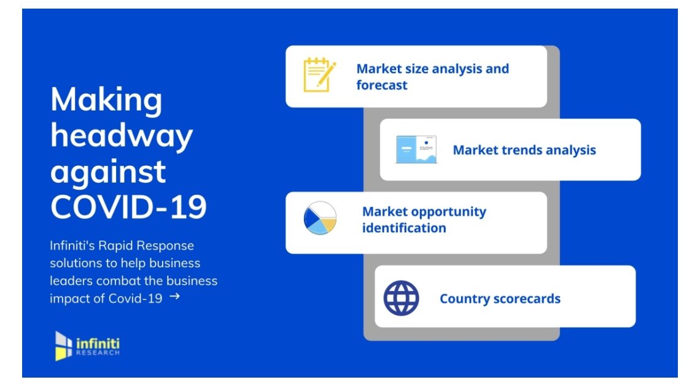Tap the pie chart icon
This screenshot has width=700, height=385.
pos(320,218)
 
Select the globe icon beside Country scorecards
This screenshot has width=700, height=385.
pos(401,298)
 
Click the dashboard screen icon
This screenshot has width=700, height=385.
pos(416,150)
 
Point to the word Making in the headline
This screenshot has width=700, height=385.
pos(106,101)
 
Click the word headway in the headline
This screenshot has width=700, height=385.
pos(122,136)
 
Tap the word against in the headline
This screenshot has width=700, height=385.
pos(108,173)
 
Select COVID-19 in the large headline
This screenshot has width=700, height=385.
pos(128,206)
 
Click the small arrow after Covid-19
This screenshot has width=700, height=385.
pos(174,296)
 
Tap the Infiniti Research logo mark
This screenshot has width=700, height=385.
pos(63,346)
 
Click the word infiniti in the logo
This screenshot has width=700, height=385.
pos(98,343)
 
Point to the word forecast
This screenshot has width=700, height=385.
pos(382,85)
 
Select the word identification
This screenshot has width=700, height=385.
pos(404,228)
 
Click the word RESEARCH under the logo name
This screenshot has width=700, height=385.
pos(98,353)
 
